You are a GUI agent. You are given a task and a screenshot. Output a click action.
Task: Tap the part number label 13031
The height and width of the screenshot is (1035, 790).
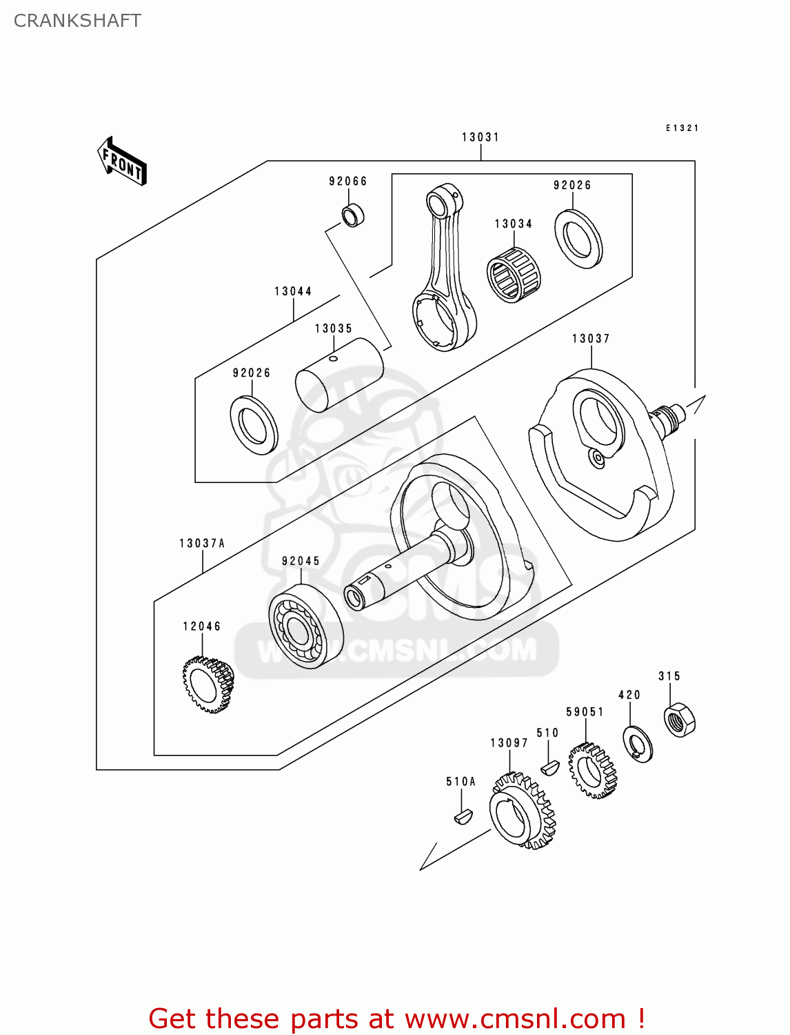[480, 137]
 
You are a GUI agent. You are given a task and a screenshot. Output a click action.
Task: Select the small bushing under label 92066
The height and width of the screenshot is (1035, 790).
[354, 215]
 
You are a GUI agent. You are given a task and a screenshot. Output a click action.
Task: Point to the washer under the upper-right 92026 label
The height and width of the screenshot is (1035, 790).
[578, 239]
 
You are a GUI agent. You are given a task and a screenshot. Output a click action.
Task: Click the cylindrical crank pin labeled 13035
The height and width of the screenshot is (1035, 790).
[339, 375]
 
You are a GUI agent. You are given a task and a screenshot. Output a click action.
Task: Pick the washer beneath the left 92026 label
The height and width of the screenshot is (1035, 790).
[254, 425]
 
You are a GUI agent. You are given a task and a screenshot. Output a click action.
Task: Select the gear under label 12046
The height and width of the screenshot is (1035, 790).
[208, 685]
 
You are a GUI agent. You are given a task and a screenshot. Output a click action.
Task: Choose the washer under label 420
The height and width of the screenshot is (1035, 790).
[638, 744]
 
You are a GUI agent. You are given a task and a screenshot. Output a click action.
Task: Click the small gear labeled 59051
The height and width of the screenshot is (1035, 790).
[592, 770]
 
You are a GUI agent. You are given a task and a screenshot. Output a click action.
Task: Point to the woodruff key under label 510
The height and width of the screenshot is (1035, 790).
[549, 767]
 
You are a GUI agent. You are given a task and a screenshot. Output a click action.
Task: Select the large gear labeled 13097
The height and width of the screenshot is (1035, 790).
[522, 811]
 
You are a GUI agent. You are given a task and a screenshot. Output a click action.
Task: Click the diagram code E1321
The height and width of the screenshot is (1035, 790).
[682, 128]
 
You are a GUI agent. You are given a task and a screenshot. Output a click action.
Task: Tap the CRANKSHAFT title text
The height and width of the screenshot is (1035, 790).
[77, 21]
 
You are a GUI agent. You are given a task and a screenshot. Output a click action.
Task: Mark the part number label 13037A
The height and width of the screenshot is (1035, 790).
[202, 544]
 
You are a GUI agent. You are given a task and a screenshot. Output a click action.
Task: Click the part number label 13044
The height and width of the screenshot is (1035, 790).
[293, 291]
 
